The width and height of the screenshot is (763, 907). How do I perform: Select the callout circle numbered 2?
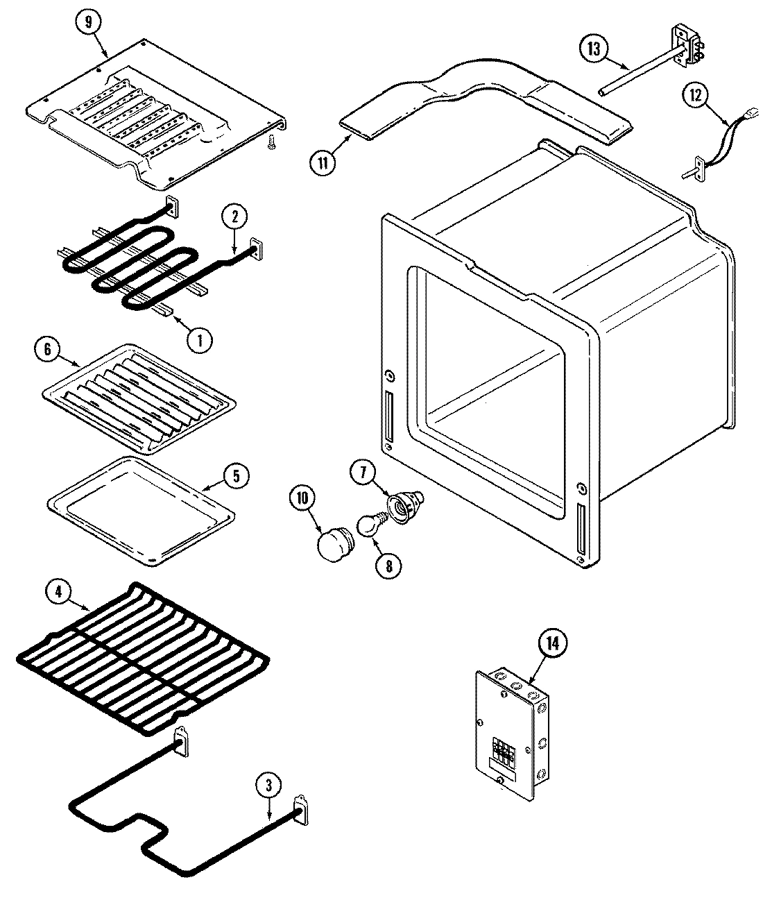234,216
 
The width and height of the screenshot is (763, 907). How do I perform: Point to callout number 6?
48,350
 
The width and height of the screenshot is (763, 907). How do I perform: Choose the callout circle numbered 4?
59,592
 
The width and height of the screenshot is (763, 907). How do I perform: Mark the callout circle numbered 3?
270,786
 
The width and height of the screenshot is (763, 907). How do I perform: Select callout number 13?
594,49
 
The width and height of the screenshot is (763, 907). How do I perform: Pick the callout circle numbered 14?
552,643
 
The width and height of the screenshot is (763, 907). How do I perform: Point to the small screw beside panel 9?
271,142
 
